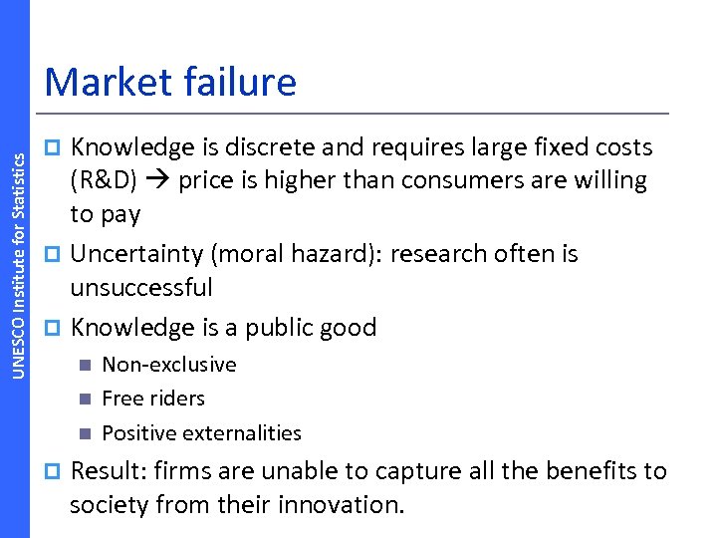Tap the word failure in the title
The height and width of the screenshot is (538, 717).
point(238,82)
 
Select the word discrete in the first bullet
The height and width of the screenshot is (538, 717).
point(263,147)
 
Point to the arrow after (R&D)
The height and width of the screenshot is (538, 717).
point(162,181)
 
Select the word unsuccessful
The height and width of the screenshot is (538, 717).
point(140,288)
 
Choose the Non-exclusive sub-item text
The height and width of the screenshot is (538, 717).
point(169,365)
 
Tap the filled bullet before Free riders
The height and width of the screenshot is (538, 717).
point(85,400)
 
